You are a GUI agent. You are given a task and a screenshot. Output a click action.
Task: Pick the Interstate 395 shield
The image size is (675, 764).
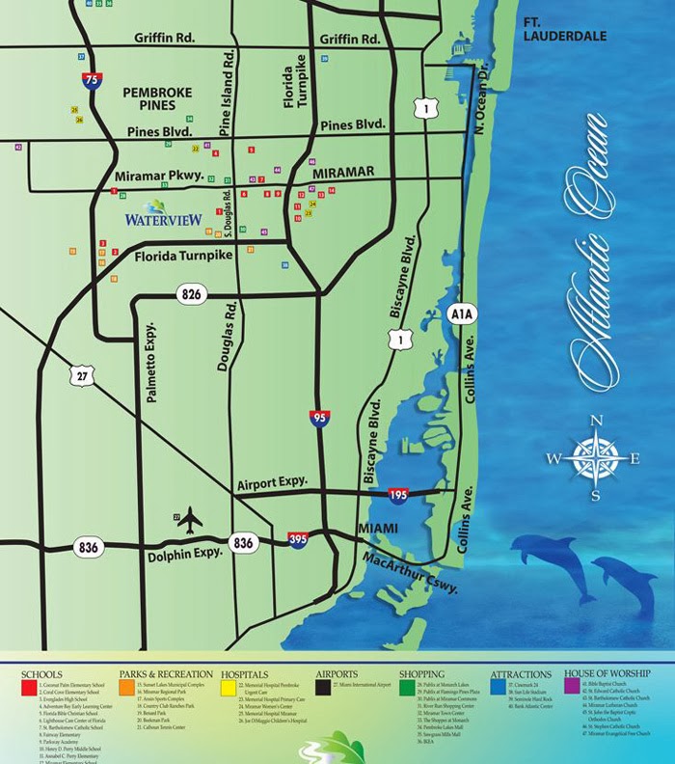coord(298,541)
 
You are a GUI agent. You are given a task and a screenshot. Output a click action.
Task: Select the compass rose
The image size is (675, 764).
coord(596,457)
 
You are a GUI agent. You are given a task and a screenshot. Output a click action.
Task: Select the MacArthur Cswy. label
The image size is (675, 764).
coord(411,574)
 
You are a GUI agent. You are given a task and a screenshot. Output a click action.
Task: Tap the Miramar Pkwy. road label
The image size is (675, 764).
coord(159,177)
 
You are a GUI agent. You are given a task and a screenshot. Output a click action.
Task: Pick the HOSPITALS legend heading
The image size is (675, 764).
coord(244,674)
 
